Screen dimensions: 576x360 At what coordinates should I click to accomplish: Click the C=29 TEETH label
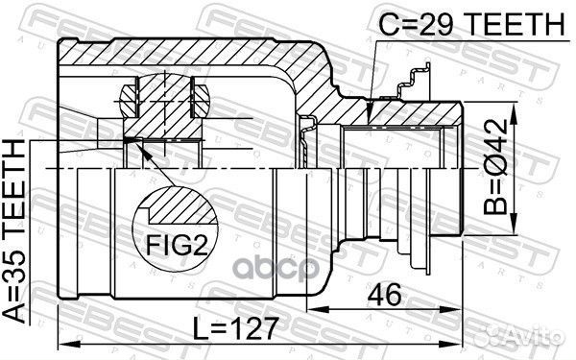click(471, 24)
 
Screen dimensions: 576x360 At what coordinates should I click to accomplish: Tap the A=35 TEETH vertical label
click(14, 231)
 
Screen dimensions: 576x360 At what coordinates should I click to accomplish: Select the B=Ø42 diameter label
click(496, 167)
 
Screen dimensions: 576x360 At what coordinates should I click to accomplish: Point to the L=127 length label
click(234, 328)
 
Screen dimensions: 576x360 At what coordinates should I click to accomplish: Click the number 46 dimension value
click(385, 295)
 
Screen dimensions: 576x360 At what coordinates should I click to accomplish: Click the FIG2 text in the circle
click(177, 245)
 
